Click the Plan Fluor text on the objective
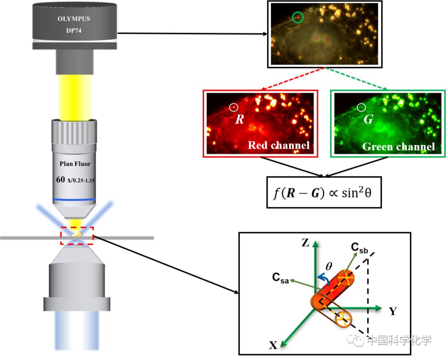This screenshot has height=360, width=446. point(74,164)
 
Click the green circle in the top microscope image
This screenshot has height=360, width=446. point(298,17)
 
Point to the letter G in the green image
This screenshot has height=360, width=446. point(368,120)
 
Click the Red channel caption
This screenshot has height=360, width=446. point(279,145)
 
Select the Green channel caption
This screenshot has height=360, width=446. point(399,146)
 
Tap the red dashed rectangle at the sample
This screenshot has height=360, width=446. point(77,236)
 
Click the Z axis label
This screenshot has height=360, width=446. point(305,243)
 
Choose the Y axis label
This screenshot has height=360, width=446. point(392,311)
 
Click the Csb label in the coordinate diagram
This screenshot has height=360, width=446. point(359,248)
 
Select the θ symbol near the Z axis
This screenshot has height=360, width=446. point(329,267)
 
